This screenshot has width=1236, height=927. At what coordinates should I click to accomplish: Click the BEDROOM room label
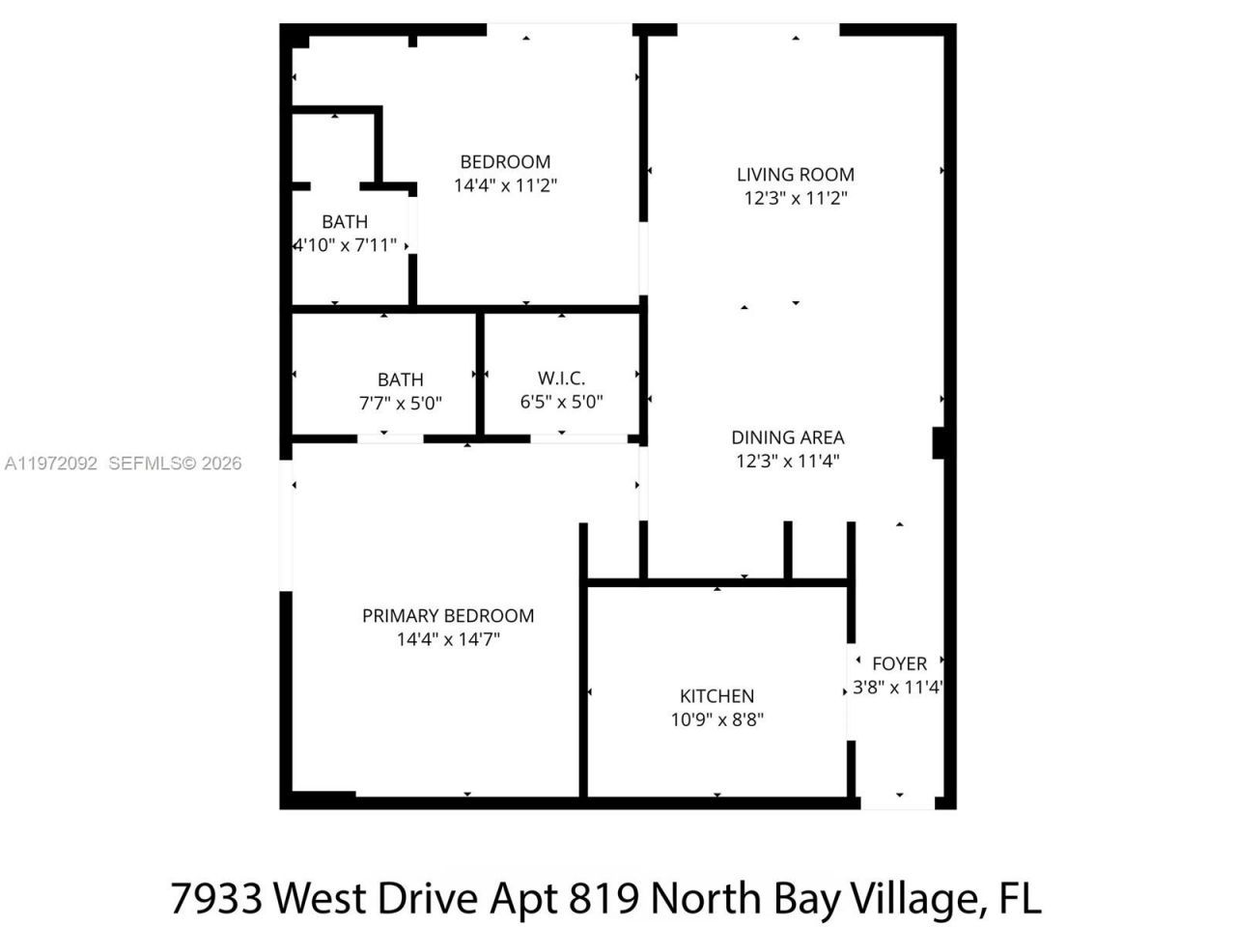[x=505, y=162]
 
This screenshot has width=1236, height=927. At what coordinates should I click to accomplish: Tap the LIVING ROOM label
[x=796, y=175]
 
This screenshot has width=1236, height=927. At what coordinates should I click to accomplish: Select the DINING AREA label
[x=788, y=437]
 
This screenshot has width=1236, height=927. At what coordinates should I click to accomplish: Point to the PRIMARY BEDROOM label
[x=448, y=616]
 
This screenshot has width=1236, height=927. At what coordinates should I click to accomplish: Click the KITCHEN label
[x=717, y=696]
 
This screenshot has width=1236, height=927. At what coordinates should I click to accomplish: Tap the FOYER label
[x=899, y=664]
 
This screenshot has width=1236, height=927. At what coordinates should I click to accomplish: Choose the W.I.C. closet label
[x=561, y=379]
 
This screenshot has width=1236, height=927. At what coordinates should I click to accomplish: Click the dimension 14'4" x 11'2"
[x=506, y=185]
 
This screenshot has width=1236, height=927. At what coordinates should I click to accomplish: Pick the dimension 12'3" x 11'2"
[x=796, y=198]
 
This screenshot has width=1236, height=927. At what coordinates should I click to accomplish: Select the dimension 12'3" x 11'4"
[x=788, y=461]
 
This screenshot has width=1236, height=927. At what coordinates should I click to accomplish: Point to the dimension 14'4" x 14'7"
[x=448, y=639]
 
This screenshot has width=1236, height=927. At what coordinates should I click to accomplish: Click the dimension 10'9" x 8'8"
[x=717, y=719]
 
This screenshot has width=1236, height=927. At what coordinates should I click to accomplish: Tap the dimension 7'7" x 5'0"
[x=401, y=404]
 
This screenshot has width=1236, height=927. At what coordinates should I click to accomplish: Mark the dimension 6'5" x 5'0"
[x=561, y=402]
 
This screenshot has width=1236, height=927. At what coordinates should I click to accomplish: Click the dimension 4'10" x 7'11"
[x=345, y=245]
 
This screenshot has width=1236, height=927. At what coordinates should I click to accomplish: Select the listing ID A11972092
[x=50, y=463]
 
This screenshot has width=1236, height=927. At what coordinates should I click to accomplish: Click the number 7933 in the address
[x=217, y=898]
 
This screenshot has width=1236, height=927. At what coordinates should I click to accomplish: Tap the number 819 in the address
[x=604, y=898]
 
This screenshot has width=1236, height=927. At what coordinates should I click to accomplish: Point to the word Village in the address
[x=916, y=898]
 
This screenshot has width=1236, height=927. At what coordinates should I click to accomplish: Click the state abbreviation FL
[x=1020, y=898]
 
